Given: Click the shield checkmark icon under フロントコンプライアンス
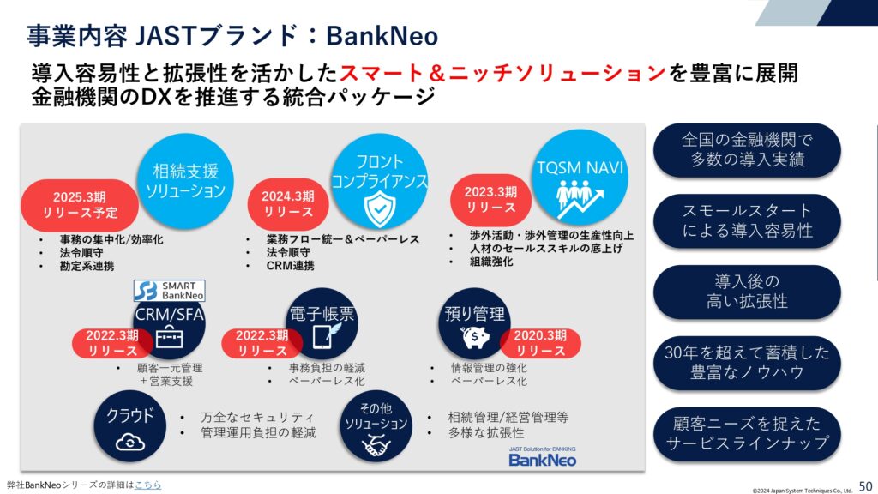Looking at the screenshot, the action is click(379, 208).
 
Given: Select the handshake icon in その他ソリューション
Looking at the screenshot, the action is click(376, 446).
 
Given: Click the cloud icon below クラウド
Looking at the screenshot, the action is click(130, 443).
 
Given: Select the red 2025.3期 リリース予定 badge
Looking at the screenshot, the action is click(80, 205).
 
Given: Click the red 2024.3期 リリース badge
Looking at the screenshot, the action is click(288, 204).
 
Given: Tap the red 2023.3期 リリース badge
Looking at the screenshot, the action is click(490, 199).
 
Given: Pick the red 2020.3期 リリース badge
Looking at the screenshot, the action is click(540, 343).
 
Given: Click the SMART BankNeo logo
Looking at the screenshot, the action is click(169, 291).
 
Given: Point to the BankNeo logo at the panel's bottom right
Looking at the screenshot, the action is click(542, 457).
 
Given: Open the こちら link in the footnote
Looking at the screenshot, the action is click(147, 485).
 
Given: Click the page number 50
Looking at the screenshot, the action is click(865, 485).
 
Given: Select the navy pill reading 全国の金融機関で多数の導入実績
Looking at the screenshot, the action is click(747, 149).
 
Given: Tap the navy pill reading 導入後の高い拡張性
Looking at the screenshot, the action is click(747, 292).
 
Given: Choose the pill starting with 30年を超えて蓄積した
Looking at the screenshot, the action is click(747, 363).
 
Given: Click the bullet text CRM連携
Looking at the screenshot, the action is click(290, 266).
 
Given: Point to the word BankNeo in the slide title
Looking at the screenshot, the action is click(382, 36).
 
